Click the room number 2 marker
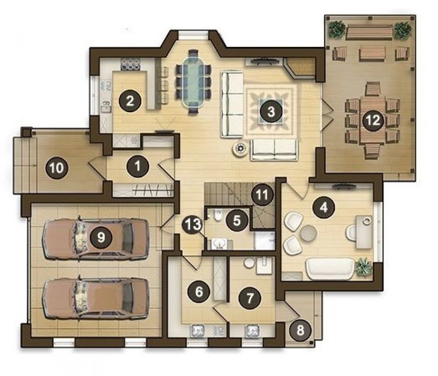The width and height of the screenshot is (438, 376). click(x=131, y=101)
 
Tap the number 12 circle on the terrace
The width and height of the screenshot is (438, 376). click(x=373, y=120)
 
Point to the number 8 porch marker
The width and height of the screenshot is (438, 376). click(x=300, y=331)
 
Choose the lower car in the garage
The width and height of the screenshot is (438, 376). click(x=95, y=298)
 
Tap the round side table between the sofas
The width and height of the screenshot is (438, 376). click(x=241, y=149)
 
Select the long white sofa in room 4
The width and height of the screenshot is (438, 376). click(x=330, y=268)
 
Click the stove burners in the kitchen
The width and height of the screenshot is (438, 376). click(x=130, y=64)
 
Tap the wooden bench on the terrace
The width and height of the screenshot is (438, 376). click(x=369, y=32)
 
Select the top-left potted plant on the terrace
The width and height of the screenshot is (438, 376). click(x=336, y=29)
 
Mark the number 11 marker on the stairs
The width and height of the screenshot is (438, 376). click(x=262, y=195)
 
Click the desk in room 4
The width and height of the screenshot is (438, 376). click(x=364, y=232)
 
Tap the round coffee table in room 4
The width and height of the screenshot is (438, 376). click(x=308, y=233)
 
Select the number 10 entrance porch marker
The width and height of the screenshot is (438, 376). click(x=57, y=168)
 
